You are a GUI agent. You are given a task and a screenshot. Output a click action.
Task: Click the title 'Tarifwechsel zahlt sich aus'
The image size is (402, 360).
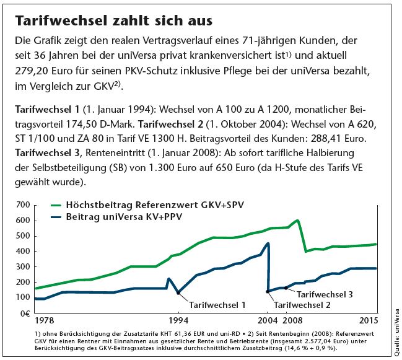[x=113, y=21]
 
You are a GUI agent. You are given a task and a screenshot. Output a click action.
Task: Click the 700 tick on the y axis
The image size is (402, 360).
[x=23, y=204]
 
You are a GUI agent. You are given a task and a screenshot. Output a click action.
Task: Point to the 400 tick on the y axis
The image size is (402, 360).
[x=23, y=251]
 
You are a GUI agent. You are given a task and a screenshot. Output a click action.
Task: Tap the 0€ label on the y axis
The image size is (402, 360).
[x=24, y=313]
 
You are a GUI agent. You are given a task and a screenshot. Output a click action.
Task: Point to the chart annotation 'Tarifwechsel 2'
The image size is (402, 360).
[x=302, y=304]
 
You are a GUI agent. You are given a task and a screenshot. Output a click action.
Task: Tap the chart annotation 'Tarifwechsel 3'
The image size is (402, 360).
[x=325, y=294]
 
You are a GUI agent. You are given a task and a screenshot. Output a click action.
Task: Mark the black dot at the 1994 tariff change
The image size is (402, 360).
[x=179, y=292]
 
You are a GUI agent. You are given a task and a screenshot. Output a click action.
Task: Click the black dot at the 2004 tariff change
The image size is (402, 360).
[x=268, y=291]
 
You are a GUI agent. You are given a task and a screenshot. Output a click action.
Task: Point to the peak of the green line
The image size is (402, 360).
[x=298, y=221]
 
